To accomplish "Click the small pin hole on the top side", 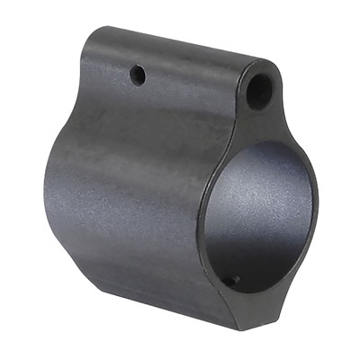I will click(x=138, y=76).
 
